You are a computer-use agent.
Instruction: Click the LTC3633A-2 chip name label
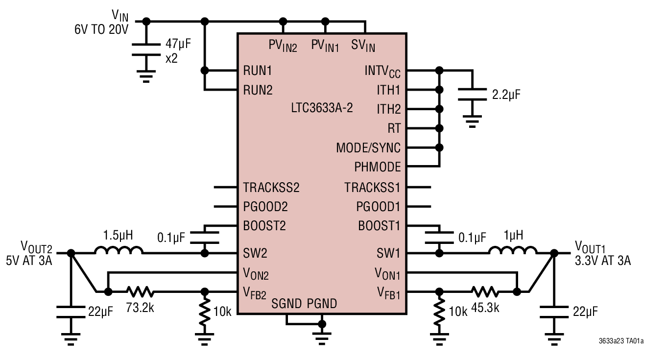322,109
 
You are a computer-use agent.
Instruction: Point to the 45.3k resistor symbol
485,292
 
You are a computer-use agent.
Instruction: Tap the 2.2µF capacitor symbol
472,95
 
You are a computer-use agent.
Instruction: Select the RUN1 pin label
258,71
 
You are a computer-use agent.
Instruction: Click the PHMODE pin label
377,168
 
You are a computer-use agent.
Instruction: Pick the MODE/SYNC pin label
368,148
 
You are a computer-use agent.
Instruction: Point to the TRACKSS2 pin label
271,187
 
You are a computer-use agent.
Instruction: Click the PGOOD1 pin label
378,207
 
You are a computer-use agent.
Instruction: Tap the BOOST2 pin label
264,226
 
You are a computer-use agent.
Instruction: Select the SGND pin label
286,304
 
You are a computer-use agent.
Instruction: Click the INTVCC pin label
382,72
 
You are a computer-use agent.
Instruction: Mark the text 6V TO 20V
101,29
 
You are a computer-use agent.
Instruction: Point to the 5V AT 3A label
29,261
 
